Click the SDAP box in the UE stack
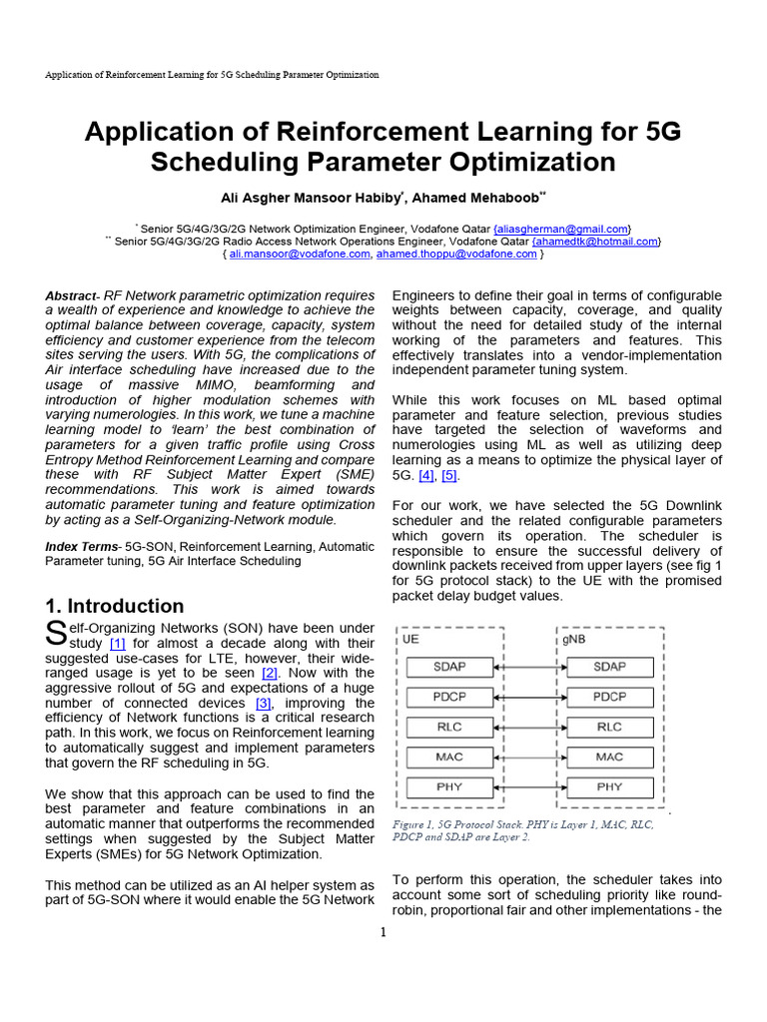[449, 666]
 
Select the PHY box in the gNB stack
[609, 786]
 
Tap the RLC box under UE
[449, 727]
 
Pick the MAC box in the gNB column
[609, 757]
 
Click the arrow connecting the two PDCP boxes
[529, 697]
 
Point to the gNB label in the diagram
[575, 639]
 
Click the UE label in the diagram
[410, 639]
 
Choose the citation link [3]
[264, 704]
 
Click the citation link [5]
[449, 475]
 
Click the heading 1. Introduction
[115, 606]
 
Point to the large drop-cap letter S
[56, 633]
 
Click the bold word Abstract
[72, 296]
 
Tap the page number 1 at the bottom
[383, 932]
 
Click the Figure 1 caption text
[524, 831]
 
